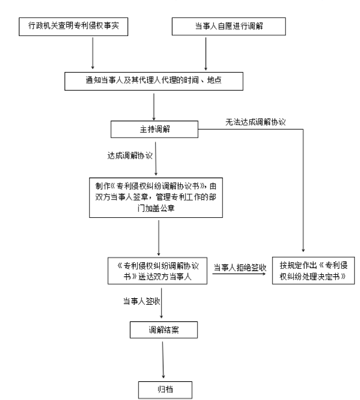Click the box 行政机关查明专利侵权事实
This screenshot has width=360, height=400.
pyautogui.click(x=73, y=26)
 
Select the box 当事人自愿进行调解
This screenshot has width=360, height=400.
pyautogui.click(x=229, y=26)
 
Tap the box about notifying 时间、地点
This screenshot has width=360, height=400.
pyautogui.click(x=154, y=81)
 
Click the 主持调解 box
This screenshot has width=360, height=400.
pyautogui.click(x=154, y=130)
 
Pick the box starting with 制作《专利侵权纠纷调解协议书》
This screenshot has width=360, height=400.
pyautogui.click(x=156, y=198)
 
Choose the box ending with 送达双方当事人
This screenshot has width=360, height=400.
pyautogui.click(x=157, y=270)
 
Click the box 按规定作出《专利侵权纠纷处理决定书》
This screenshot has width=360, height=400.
pyautogui.click(x=313, y=270)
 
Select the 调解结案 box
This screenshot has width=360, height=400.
pyautogui.click(x=163, y=330)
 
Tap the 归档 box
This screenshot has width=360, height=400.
pyautogui.click(x=165, y=390)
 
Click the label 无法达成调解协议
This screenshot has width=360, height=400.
pyautogui.click(x=255, y=122)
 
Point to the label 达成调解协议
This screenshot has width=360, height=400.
pyautogui.click(x=130, y=155)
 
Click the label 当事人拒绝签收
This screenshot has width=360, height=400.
pyautogui.click(x=240, y=267)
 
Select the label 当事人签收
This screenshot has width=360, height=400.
pyautogui.click(x=142, y=301)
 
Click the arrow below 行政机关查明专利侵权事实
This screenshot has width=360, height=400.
pyautogui.click(x=92, y=53)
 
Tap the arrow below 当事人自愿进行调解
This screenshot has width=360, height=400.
pyautogui.click(x=205, y=54)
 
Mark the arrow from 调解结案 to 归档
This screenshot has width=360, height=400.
pyautogui.click(x=163, y=360)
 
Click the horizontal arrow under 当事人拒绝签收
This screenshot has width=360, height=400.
pyautogui.click(x=239, y=273)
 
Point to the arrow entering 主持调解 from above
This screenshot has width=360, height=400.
pyautogui.click(x=154, y=107)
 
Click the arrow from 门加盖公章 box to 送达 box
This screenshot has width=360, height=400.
pyautogui.click(x=159, y=238)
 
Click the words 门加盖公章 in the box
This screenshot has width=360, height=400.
pyautogui.click(x=156, y=208)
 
